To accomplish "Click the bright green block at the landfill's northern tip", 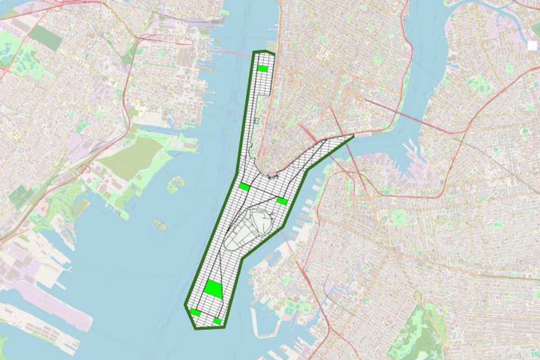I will click(262, 68).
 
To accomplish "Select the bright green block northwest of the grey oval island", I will click(244, 186).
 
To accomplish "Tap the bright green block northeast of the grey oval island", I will click(282, 201).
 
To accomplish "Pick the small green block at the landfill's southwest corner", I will click(195, 312).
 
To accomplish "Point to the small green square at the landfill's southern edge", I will click(217, 321).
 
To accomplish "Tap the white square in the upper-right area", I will click(532, 45).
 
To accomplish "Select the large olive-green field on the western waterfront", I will click(130, 155).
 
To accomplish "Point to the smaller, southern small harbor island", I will click(159, 224).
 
